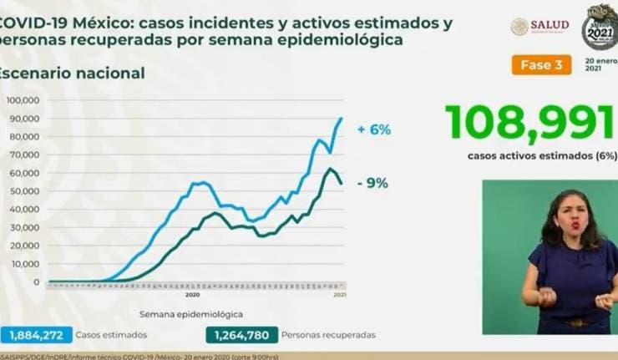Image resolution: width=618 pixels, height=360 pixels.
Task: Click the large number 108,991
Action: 529,122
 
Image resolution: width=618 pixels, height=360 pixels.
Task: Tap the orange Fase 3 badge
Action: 536,64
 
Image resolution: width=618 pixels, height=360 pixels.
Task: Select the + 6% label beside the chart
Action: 373,130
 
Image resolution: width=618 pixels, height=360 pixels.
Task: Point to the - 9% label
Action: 371,184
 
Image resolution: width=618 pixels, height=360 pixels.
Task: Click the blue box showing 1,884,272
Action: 37,335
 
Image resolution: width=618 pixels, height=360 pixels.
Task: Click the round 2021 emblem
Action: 598,26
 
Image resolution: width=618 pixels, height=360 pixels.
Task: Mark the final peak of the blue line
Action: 342,119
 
